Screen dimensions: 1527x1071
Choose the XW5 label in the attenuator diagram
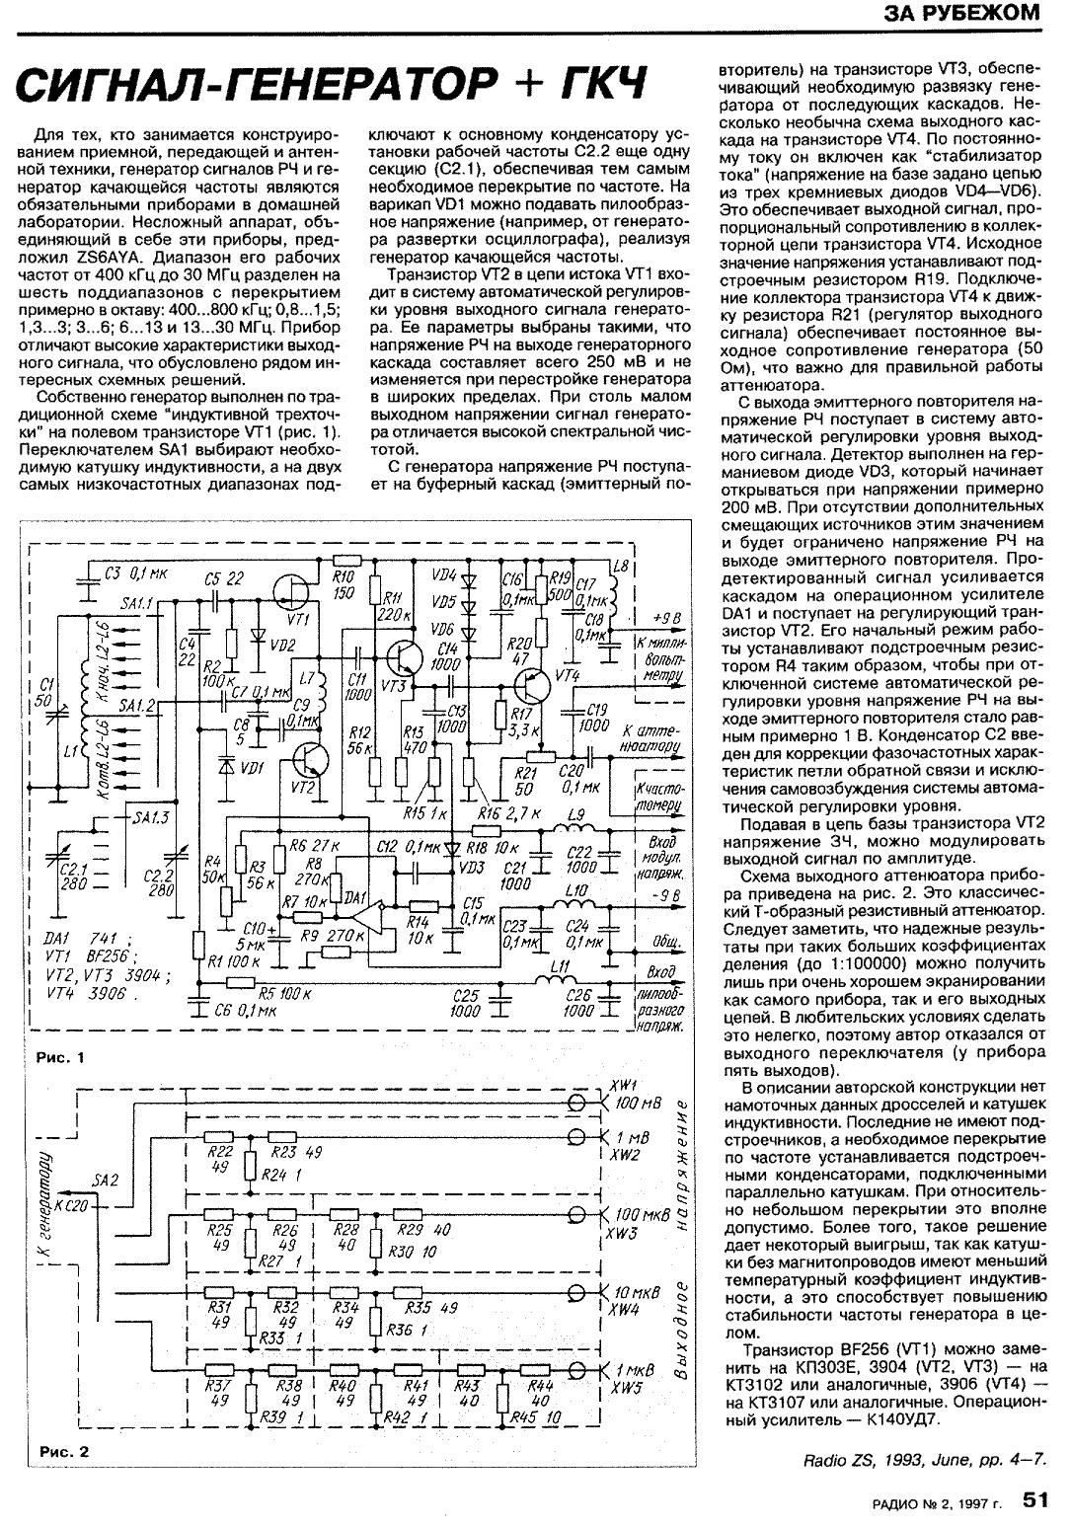click(x=626, y=1386)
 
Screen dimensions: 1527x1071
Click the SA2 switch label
click(x=105, y=1180)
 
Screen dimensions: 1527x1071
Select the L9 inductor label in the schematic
click(x=576, y=817)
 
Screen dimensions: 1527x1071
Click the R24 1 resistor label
click(x=283, y=1175)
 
